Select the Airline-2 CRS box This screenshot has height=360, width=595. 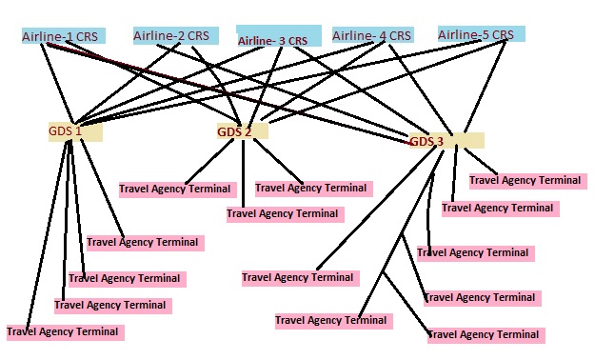pos(172,35)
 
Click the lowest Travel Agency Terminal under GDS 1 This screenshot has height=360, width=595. pos(64,332)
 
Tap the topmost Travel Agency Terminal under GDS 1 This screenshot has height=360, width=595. pos(143,242)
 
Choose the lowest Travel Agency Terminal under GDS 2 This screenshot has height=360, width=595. pos(283,213)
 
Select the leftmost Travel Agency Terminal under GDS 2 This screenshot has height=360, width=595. pos(175,189)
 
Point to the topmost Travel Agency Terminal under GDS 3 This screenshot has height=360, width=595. pos(526,179)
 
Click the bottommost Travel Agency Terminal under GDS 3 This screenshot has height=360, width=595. pos(486,335)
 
